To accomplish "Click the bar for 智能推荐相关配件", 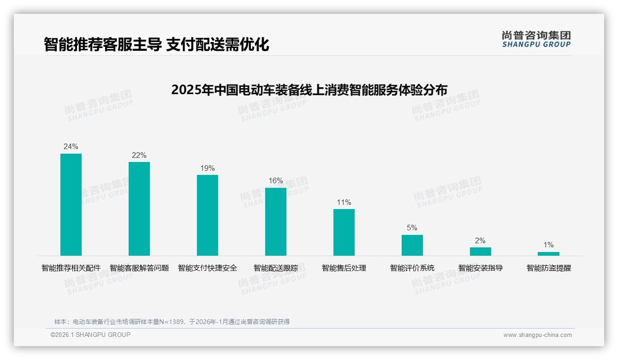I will tap(71, 204).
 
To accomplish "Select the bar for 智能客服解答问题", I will tap(139, 209).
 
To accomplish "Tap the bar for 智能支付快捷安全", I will tap(208, 215).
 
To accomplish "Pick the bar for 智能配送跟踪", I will tap(276, 222).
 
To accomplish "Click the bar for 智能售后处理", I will tap(344, 232).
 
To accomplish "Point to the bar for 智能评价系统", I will tap(412, 245).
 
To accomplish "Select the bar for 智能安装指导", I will tap(481, 252).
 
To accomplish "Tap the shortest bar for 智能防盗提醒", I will tap(548, 254).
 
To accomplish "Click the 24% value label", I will tap(71, 147).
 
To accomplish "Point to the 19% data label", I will tap(208, 168).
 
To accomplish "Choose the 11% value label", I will tap(344, 203).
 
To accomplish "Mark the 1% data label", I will tap(548, 245).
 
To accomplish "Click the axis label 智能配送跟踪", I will tap(276, 268).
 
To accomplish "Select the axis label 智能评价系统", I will tap(412, 268).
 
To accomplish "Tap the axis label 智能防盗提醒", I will tap(549, 268).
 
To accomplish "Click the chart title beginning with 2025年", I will tap(309, 90).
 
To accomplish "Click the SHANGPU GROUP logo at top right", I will tap(536, 39).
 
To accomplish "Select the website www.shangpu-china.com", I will tap(537, 335).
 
